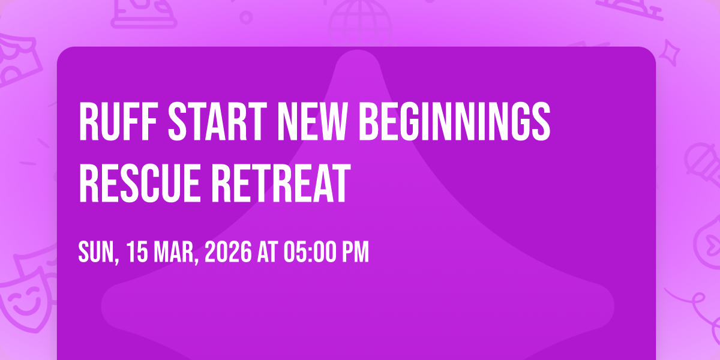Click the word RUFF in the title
118,121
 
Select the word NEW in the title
313,121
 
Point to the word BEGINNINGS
455,121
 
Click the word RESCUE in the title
139,183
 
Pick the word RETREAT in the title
281,183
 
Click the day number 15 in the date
137,252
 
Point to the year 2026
228,252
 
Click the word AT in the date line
268,252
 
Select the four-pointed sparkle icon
670,53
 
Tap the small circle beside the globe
246,17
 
